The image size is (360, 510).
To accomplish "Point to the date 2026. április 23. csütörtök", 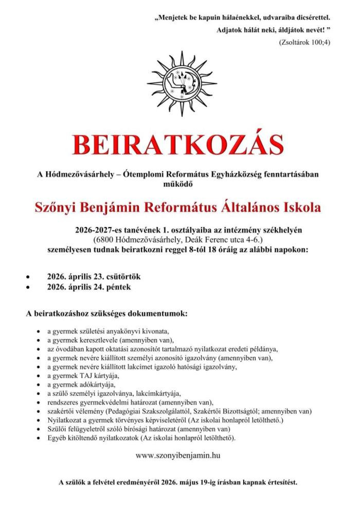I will point(94,277).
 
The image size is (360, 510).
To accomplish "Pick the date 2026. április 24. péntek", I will point(88,287).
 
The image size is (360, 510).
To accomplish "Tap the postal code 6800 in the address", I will point(104,239).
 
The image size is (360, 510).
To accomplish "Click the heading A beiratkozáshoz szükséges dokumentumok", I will point(107,312).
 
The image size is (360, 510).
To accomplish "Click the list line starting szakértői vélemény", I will point(179,411).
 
